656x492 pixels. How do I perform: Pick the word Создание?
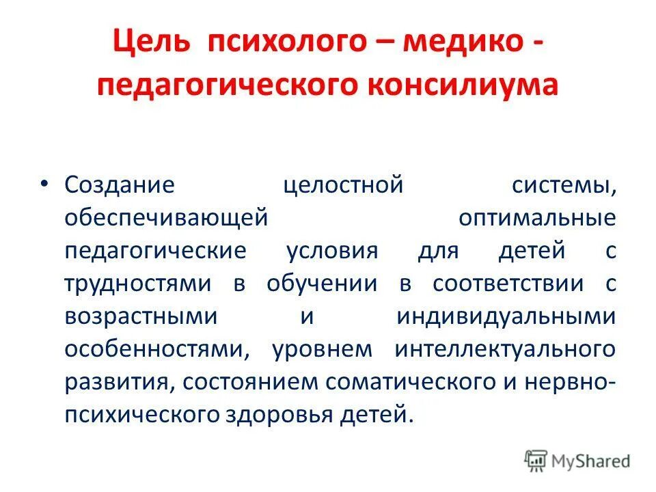[x=120, y=185]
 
